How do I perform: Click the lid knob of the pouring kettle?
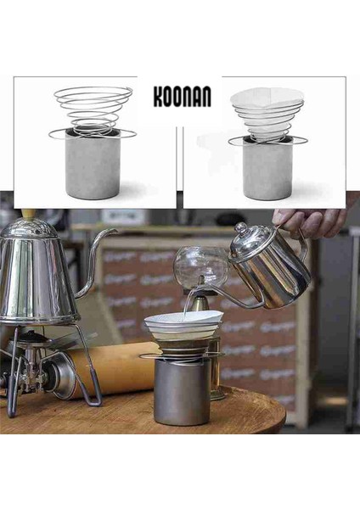click(x=241, y=228)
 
